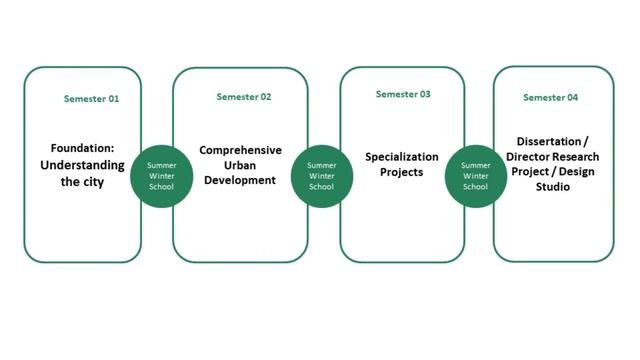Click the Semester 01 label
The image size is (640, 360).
click(91, 99)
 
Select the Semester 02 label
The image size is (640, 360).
click(243, 97)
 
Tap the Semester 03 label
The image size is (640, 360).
click(403, 94)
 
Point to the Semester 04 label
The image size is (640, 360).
click(550, 97)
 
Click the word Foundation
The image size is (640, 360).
click(82, 148)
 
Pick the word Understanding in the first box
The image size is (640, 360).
click(82, 165)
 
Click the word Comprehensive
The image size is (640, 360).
click(240, 150)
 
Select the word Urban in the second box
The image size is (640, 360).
click(240, 165)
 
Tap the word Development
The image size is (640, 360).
click(240, 180)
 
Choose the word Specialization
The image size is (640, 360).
click(401, 157)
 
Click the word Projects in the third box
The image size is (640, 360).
click(401, 172)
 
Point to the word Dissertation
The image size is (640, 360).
click(547, 142)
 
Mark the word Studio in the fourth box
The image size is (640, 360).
click(551, 186)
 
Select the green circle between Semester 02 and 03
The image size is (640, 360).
click(321, 175)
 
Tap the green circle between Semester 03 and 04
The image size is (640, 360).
click(475, 175)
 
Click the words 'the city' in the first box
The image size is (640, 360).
click(82, 183)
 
